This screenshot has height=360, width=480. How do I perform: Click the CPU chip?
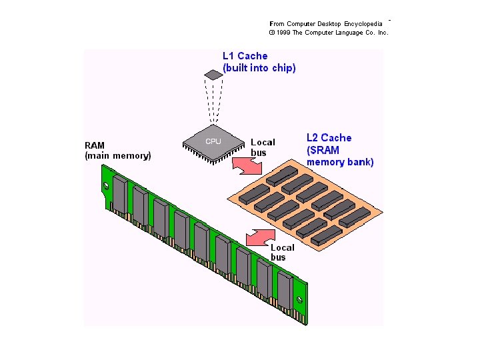(213, 141)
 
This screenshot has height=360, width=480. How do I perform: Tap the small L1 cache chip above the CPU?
(213, 75)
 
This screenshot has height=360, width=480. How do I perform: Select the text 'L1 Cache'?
(245, 57)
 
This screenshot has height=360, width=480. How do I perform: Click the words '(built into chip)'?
(259, 68)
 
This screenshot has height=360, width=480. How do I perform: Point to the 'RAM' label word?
(95, 145)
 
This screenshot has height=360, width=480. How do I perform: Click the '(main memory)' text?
(118, 156)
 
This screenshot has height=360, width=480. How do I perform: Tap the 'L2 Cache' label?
(329, 138)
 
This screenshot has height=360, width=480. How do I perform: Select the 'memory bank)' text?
(340, 162)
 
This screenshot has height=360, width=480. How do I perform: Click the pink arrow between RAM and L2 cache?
(261, 237)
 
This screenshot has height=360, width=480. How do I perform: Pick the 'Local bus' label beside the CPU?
(262, 147)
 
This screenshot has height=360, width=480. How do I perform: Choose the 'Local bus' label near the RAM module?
(282, 252)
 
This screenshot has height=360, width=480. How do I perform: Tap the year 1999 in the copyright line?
(283, 32)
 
